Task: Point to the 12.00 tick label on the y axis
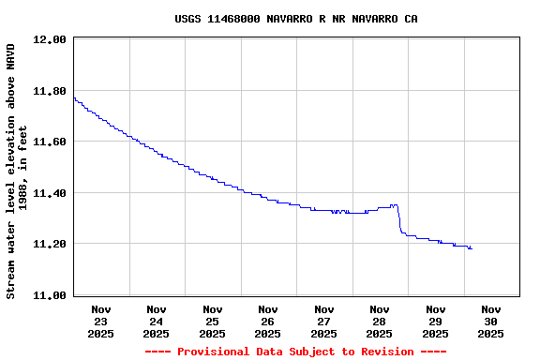(49, 40)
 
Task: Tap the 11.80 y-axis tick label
(49, 92)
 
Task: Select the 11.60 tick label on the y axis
(49, 142)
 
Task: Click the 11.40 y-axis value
(49, 194)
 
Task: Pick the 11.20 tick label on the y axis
(49, 245)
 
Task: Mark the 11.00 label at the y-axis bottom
(49, 296)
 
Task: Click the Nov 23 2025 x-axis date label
(101, 321)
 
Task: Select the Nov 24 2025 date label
(157, 321)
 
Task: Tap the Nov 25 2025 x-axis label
(213, 321)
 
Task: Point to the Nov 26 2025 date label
(268, 321)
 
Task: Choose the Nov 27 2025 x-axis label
(324, 321)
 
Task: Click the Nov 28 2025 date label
(380, 321)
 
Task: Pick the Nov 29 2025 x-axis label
(436, 321)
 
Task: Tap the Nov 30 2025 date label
(491, 321)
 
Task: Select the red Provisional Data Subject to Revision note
(295, 352)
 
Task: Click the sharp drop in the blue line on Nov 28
(399, 219)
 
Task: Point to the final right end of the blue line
(471, 248)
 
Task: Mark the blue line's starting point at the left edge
(74, 97)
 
